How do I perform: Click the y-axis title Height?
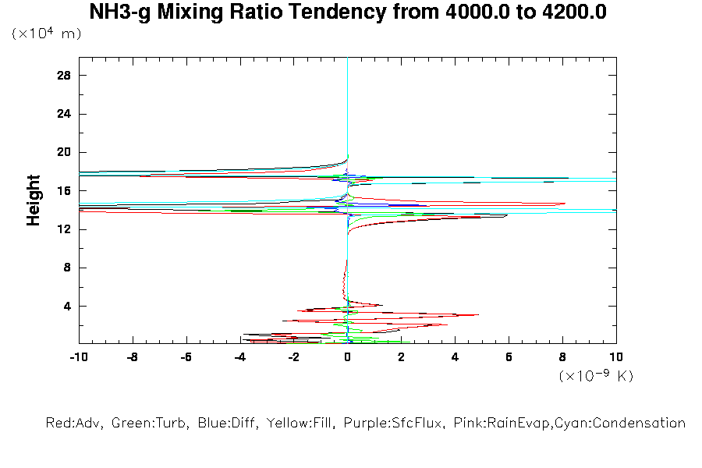tap(34, 200)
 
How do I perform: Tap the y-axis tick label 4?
tap(67, 306)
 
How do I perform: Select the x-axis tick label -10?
tap(78, 356)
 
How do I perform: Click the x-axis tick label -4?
tap(239, 356)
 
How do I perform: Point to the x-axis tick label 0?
tap(347, 356)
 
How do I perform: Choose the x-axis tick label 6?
tap(509, 356)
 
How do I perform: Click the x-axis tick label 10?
tap(616, 356)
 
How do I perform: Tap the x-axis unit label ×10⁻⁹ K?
tap(596, 376)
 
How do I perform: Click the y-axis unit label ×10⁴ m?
tap(46, 34)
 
